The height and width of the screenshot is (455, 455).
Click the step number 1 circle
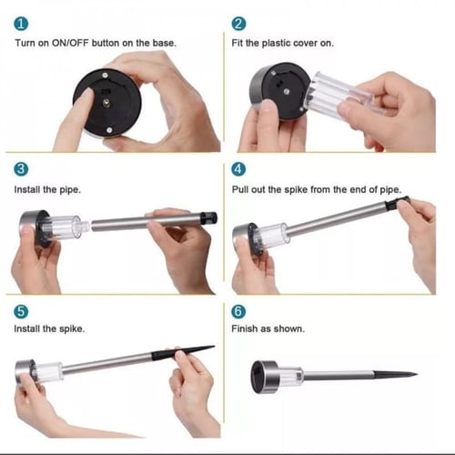click(x=21, y=24)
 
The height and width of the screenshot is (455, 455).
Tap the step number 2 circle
click(x=238, y=24)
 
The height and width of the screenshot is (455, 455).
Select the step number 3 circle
click(x=21, y=169)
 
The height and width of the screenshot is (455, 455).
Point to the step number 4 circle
click(x=238, y=169)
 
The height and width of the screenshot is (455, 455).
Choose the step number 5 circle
click(x=21, y=311)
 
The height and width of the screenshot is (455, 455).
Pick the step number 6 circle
click(x=238, y=311)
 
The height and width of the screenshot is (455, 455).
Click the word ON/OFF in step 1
click(x=70, y=43)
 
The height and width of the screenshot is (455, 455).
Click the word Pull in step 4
click(x=240, y=189)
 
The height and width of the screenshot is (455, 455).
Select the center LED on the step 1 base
click(x=106, y=103)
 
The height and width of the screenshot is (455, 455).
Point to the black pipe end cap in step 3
click(x=209, y=218)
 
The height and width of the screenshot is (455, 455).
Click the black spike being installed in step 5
click(x=183, y=353)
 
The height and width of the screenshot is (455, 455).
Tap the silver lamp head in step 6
click(x=264, y=377)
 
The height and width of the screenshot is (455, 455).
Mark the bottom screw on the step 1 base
click(x=109, y=130)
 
